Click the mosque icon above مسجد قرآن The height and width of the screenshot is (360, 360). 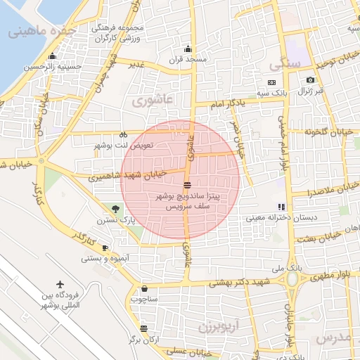[187, 49]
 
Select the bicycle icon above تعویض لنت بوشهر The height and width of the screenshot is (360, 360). [122, 134]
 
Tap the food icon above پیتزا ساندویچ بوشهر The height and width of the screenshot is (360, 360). [187, 184]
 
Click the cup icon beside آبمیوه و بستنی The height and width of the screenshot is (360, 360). [105, 247]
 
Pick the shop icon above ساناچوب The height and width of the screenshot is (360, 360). [145, 288]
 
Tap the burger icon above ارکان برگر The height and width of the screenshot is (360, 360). [144, 328]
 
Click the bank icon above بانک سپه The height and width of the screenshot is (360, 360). [271, 82]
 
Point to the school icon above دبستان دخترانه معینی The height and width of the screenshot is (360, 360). [282, 207]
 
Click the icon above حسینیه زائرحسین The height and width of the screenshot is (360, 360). [51, 57]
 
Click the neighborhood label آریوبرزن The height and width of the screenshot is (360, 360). [219, 328]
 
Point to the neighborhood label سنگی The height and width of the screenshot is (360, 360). [285, 64]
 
